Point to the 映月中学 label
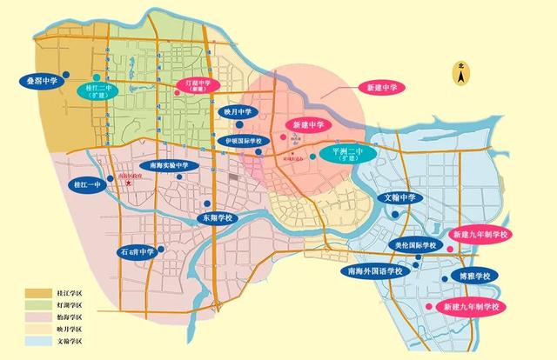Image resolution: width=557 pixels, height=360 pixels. pyautogui.click(x=237, y=111)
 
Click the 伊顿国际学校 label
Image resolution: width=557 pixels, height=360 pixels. pyautogui.click(x=250, y=140)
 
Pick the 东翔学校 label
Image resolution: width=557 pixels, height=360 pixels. pyautogui.click(x=221, y=217)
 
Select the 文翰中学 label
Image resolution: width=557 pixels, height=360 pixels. pyautogui.click(x=402, y=198)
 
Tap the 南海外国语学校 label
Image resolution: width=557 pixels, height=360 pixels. pyautogui.click(x=375, y=271)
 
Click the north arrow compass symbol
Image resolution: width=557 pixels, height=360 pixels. pyautogui.click(x=460, y=77)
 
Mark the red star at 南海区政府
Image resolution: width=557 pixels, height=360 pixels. pyautogui.click(x=128, y=183)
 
